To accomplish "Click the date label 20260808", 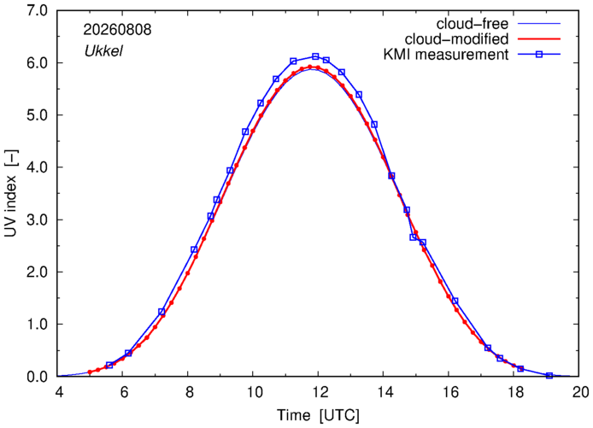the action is click(x=117, y=30).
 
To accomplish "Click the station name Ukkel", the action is click(x=103, y=51).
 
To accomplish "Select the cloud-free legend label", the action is click(x=473, y=24).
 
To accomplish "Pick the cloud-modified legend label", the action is click(x=456, y=39).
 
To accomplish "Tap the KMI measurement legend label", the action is click(x=446, y=55).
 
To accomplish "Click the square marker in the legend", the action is click(x=539, y=55).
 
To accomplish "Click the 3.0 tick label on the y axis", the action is click(x=37, y=220).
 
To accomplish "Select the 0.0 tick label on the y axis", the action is click(x=37, y=377).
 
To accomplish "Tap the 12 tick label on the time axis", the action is click(x=318, y=392).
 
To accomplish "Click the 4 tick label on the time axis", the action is click(x=59, y=392).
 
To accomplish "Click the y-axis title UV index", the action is click(x=10, y=194).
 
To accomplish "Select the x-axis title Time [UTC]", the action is click(x=318, y=415).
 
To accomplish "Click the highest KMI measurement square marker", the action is click(x=315, y=56).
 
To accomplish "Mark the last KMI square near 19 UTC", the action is click(x=549, y=375).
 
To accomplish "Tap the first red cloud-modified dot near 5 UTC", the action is click(x=90, y=372).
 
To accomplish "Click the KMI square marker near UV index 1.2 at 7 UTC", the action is click(x=161, y=312).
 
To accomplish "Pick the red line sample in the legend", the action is click(x=539, y=39).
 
